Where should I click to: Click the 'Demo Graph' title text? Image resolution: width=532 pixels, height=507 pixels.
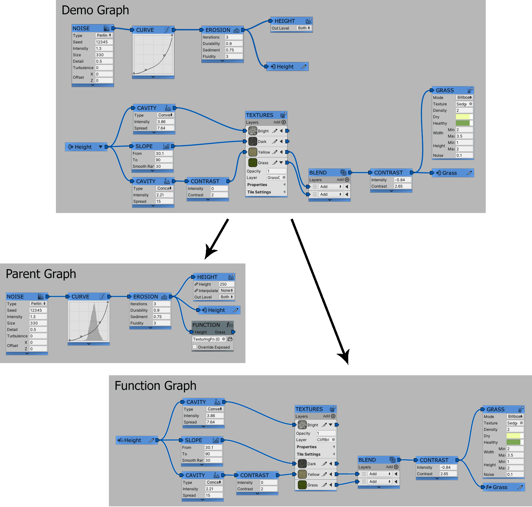click(x=95, y=10)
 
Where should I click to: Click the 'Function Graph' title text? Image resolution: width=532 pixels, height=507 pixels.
click(x=155, y=386)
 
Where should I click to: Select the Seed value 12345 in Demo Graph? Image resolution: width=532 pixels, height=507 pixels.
click(x=104, y=42)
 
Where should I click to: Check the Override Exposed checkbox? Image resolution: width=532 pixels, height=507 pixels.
click(x=195, y=347)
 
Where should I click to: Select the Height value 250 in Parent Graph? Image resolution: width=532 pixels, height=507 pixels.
click(x=226, y=284)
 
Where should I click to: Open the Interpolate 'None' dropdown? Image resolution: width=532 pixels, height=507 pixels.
click(x=226, y=290)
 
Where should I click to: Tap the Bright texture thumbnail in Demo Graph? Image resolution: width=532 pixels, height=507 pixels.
click(x=253, y=131)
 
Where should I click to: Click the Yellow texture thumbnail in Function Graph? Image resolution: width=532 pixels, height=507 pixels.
click(x=302, y=474)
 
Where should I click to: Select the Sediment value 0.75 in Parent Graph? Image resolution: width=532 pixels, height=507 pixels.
click(x=161, y=317)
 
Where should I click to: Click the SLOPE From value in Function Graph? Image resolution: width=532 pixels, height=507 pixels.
click(x=213, y=448)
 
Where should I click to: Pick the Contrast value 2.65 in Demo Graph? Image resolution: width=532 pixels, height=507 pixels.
click(x=402, y=186)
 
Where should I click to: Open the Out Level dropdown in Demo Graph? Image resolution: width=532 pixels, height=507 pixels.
click(x=304, y=28)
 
